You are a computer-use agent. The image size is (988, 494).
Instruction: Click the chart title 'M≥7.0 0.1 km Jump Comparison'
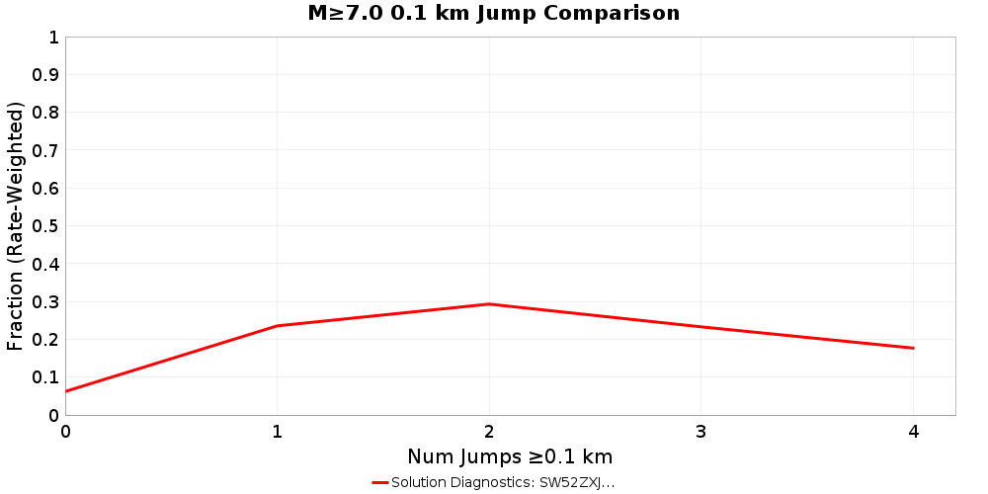tap(494, 14)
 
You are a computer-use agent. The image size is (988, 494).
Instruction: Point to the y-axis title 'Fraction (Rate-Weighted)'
tap(16, 226)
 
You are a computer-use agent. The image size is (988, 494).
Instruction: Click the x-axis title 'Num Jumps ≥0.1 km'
tap(510, 456)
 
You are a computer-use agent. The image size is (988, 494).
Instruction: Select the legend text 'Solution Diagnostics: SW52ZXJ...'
tap(503, 482)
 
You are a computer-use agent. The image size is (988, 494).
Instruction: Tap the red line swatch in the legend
tap(380, 482)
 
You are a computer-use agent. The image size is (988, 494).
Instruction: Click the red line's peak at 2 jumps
tap(489, 304)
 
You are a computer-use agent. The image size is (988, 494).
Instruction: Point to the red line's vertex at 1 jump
tap(278, 326)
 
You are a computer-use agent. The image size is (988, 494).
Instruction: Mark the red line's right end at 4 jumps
tap(913, 348)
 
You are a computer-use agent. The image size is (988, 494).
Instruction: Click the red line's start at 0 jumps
tap(66, 391)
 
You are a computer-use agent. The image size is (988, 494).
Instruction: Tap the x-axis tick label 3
tap(701, 431)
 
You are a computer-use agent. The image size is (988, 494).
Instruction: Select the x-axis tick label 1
tap(278, 431)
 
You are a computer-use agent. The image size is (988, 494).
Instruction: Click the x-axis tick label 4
tap(913, 431)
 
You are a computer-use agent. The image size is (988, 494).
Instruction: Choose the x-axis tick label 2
tap(489, 431)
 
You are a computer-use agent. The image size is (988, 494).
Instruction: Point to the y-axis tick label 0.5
tap(45, 226)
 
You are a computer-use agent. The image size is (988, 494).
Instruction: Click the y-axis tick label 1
tap(53, 38)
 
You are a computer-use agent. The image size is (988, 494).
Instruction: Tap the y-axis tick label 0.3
tap(45, 302)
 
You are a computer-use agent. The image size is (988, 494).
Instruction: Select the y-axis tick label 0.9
tap(45, 75)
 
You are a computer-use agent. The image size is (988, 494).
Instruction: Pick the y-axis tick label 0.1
tap(45, 377)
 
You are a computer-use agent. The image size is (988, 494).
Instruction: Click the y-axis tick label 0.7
tap(45, 151)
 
